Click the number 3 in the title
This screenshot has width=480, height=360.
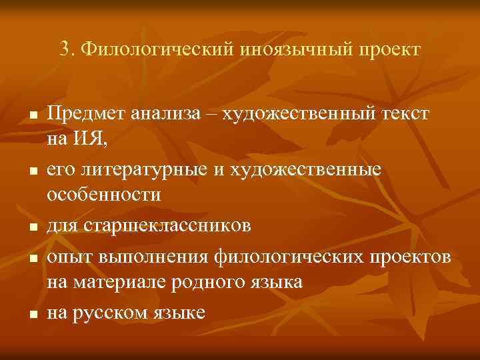point(64,49)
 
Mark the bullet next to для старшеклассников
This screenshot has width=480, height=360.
point(32,227)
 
